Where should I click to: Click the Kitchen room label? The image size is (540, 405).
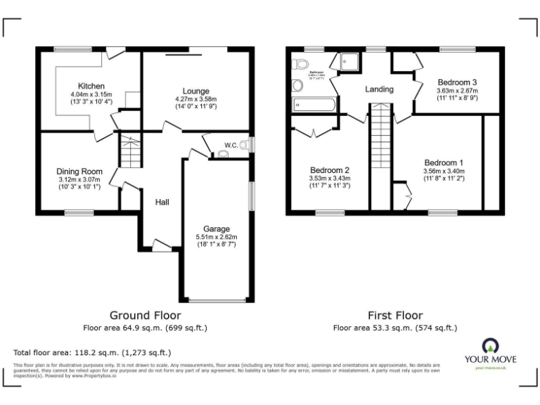(91, 86)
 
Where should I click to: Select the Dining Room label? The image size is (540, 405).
(79, 172)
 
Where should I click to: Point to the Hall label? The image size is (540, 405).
(162, 202)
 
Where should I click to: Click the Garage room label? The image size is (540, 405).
(216, 229)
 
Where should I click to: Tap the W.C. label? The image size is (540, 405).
(231, 146)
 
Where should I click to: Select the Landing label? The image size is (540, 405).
(379, 89)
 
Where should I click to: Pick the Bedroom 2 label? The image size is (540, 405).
(330, 170)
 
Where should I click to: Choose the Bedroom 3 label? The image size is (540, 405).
(457, 82)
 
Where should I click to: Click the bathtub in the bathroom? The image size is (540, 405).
(314, 105)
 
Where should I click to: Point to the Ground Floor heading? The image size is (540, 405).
(146, 316)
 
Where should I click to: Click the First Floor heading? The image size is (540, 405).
(395, 316)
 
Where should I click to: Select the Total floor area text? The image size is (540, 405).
(92, 352)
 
